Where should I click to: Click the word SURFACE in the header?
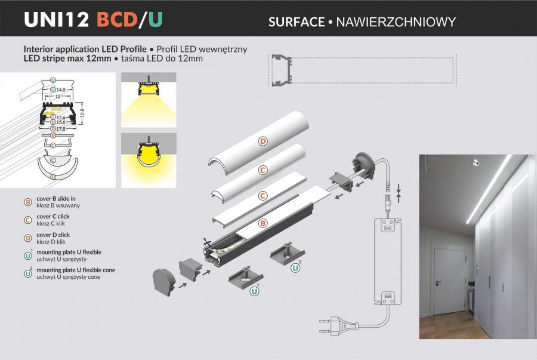(x=296, y=22)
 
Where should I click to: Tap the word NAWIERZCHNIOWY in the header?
(x=396, y=22)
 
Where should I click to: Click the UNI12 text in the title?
(x=57, y=20)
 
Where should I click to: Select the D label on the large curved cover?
(x=263, y=141)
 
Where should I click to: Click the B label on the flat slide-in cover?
(x=263, y=223)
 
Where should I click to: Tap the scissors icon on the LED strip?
(x=206, y=242)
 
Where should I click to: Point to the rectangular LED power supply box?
(x=387, y=261)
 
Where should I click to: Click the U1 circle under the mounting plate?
(x=254, y=291)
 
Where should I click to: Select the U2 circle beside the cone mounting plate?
(x=295, y=268)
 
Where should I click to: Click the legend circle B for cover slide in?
(x=28, y=202)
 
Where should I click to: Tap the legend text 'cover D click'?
(x=53, y=235)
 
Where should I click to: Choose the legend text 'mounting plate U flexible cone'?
(x=76, y=270)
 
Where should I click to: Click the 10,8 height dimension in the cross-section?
(x=82, y=112)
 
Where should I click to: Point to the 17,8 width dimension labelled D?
(x=61, y=129)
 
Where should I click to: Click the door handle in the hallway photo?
(x=439, y=282)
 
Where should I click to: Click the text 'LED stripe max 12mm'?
(x=67, y=59)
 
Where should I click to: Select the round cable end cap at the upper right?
(x=363, y=165)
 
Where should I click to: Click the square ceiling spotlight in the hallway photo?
(x=475, y=162)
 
